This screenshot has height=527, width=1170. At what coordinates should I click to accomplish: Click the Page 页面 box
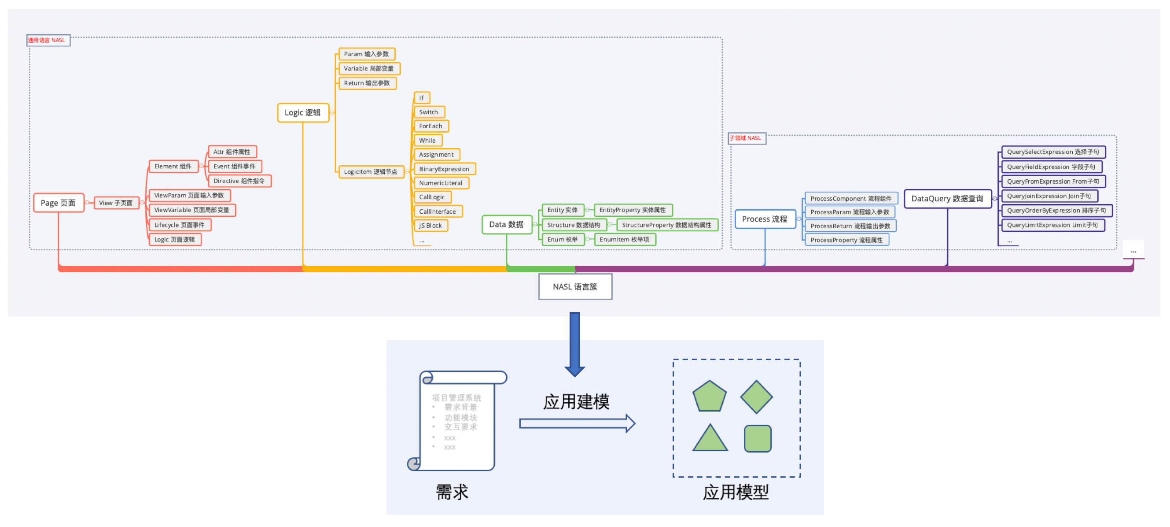(x=59, y=203)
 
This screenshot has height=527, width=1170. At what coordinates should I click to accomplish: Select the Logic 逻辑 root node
(x=303, y=113)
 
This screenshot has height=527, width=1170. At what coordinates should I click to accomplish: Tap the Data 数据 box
(x=506, y=225)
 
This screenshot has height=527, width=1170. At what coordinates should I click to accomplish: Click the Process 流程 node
(x=765, y=219)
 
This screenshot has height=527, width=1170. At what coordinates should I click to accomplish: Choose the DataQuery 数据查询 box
(x=947, y=199)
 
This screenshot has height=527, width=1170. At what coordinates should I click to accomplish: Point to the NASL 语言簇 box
(x=575, y=287)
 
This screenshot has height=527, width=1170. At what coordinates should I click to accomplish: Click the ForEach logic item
(x=430, y=126)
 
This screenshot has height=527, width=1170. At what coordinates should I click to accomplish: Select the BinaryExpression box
(x=444, y=169)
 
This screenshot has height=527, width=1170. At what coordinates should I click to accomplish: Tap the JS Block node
(x=430, y=226)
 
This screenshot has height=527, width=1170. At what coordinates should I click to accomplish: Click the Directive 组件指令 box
(x=239, y=181)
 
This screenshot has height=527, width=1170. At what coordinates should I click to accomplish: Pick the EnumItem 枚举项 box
(x=625, y=240)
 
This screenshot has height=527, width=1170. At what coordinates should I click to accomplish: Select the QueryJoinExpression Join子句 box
(x=1049, y=196)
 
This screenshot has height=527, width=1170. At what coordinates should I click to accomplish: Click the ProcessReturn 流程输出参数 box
(x=850, y=226)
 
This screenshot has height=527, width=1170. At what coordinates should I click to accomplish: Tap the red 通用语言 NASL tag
(x=47, y=41)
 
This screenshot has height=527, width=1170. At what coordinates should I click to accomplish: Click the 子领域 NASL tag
(x=746, y=138)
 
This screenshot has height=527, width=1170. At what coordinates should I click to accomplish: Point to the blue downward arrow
(x=574, y=344)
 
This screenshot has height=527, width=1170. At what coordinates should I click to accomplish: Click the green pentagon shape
(x=710, y=397)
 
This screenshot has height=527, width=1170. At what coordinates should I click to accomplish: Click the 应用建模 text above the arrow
(x=576, y=402)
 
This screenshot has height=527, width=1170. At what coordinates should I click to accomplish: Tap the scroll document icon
(x=456, y=421)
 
